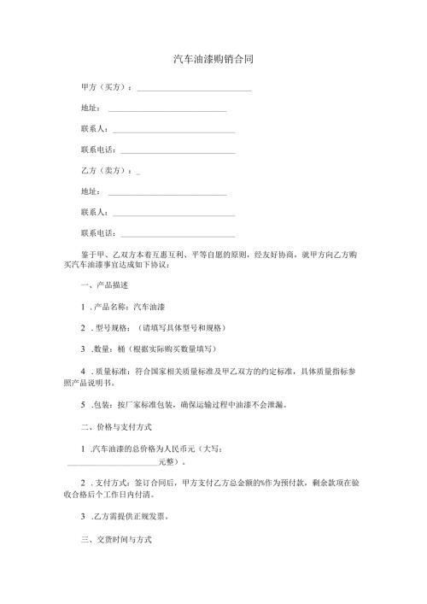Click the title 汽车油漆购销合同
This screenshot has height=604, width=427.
tap(213, 60)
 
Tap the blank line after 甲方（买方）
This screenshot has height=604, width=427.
tap(194, 90)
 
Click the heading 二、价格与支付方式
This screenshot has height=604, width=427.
tap(115, 425)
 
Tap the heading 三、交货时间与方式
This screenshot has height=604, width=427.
tap(115, 542)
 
